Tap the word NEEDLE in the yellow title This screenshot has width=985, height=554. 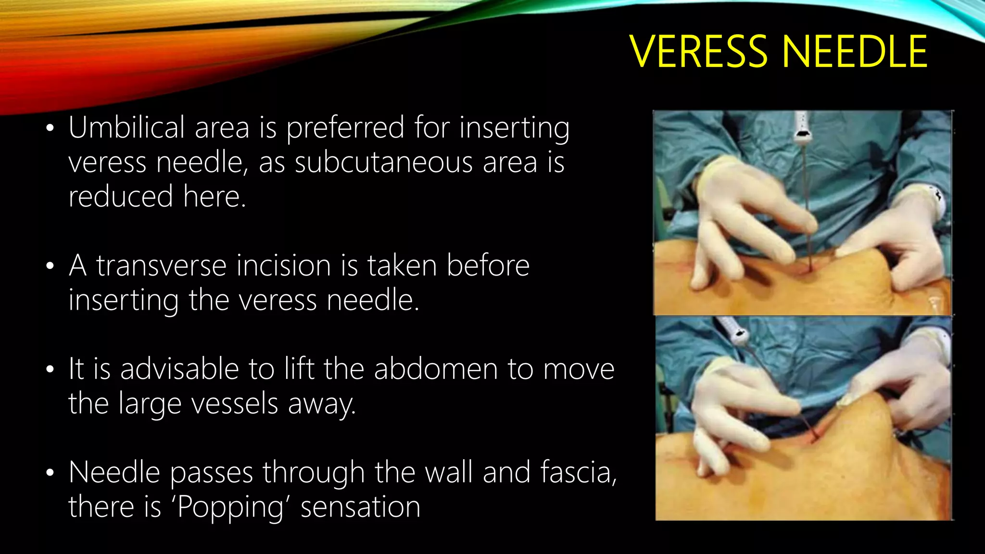(854, 52)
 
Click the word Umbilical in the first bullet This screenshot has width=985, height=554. (126, 128)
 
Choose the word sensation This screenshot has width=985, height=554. (360, 507)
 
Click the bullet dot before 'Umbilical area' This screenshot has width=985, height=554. (50, 129)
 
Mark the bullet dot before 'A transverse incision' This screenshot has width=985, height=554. (50, 266)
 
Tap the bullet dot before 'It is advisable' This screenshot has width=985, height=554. (50, 370)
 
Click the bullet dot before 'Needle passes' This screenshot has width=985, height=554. (50, 473)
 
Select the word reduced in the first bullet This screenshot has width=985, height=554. (120, 197)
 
